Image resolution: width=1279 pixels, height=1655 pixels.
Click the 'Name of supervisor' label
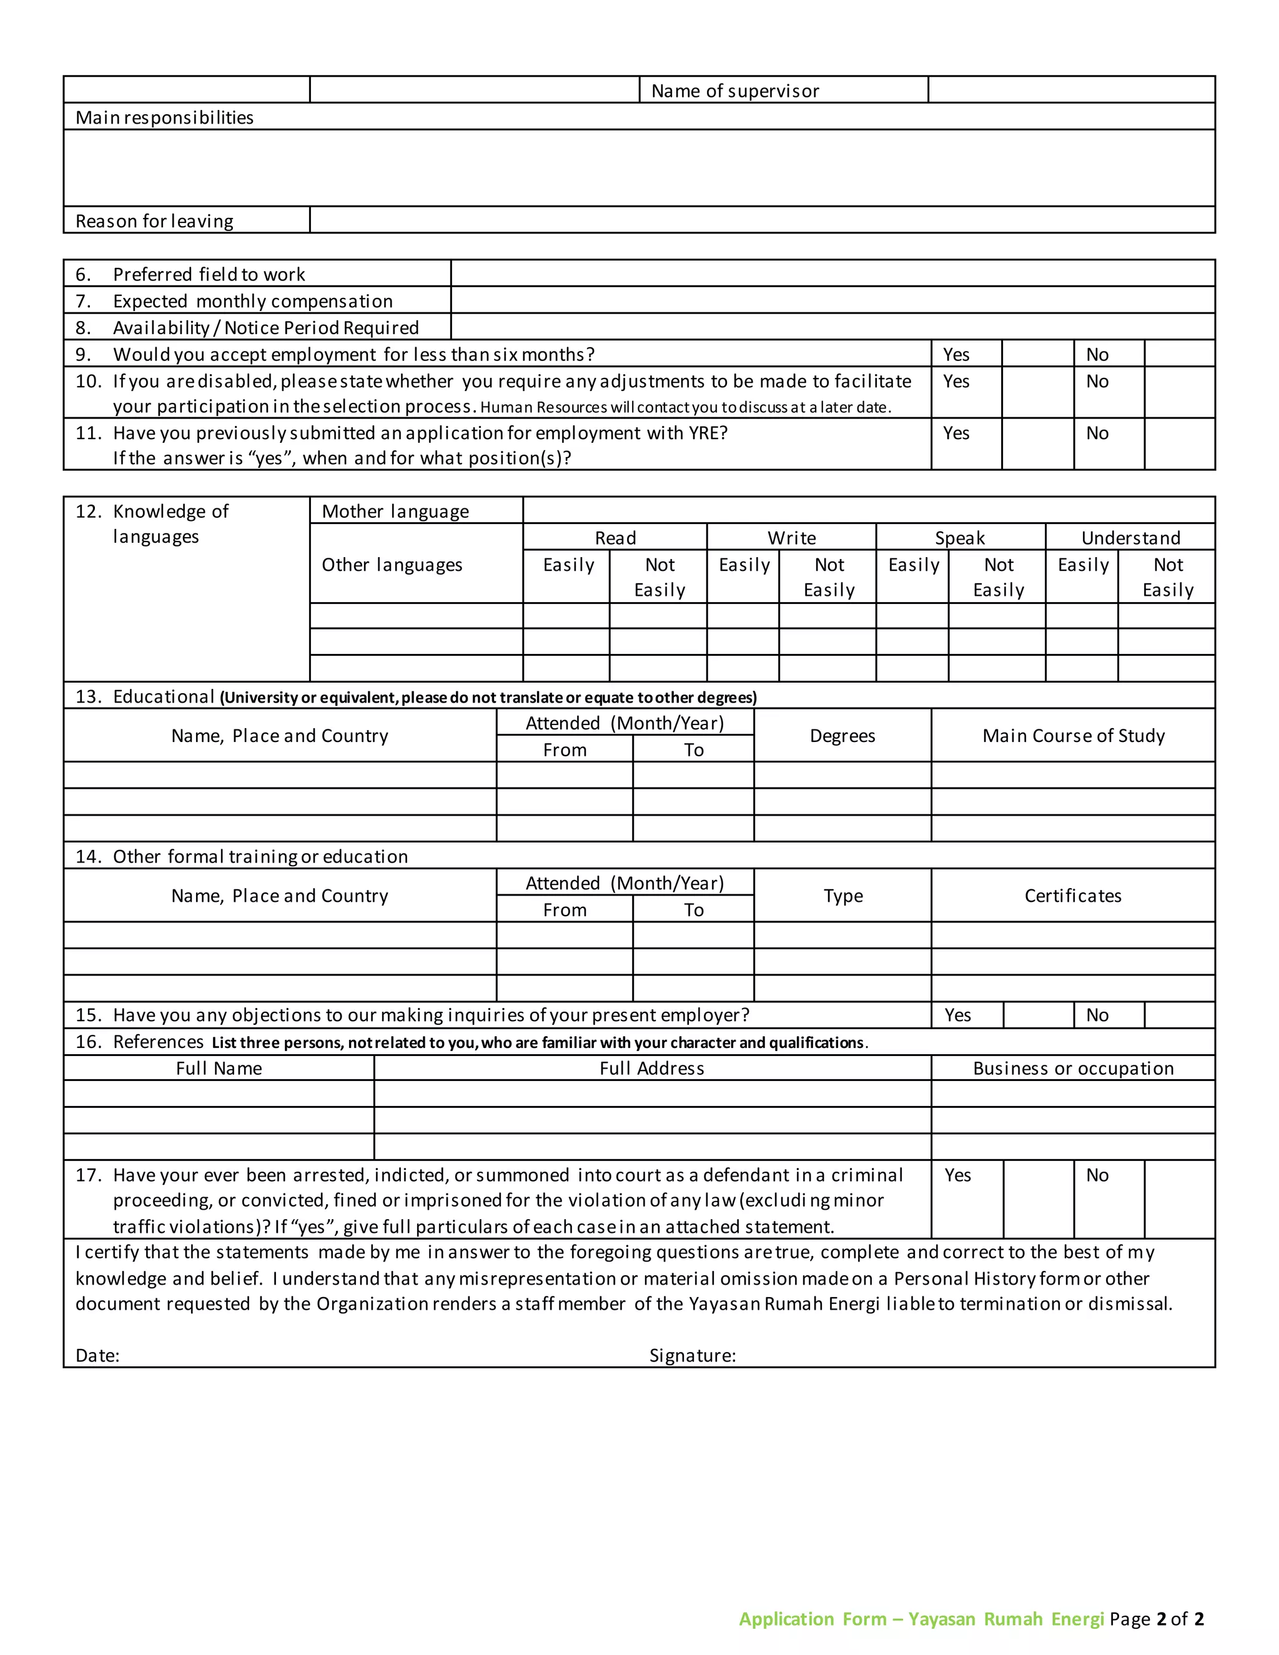tap(734, 91)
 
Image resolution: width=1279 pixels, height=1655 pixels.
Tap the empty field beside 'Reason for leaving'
tap(761, 220)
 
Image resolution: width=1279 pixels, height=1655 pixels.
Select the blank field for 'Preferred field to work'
tap(832, 274)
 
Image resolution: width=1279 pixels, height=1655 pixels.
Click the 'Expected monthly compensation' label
tap(252, 301)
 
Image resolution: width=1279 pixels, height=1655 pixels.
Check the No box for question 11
tap(1179, 444)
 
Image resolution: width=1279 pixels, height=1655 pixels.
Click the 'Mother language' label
tap(395, 511)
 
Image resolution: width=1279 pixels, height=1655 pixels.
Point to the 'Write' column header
tap(791, 538)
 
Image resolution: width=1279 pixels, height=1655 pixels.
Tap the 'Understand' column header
tap(1130, 538)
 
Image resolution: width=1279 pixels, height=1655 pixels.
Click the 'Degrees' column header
tap(842, 736)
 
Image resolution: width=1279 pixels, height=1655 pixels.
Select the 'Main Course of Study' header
tap(1073, 736)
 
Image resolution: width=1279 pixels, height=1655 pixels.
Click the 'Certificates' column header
tap(1073, 896)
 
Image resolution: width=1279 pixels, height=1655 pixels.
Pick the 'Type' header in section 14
tap(842, 896)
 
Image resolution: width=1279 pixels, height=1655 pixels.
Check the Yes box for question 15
tap(1038, 1015)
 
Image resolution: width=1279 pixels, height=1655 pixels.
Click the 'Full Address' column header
tap(651, 1069)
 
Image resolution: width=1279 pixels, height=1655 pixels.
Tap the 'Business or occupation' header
tap(1073, 1069)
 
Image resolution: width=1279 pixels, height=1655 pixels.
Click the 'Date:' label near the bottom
tap(98, 1356)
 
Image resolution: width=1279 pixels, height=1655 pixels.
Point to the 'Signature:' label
tap(692, 1356)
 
